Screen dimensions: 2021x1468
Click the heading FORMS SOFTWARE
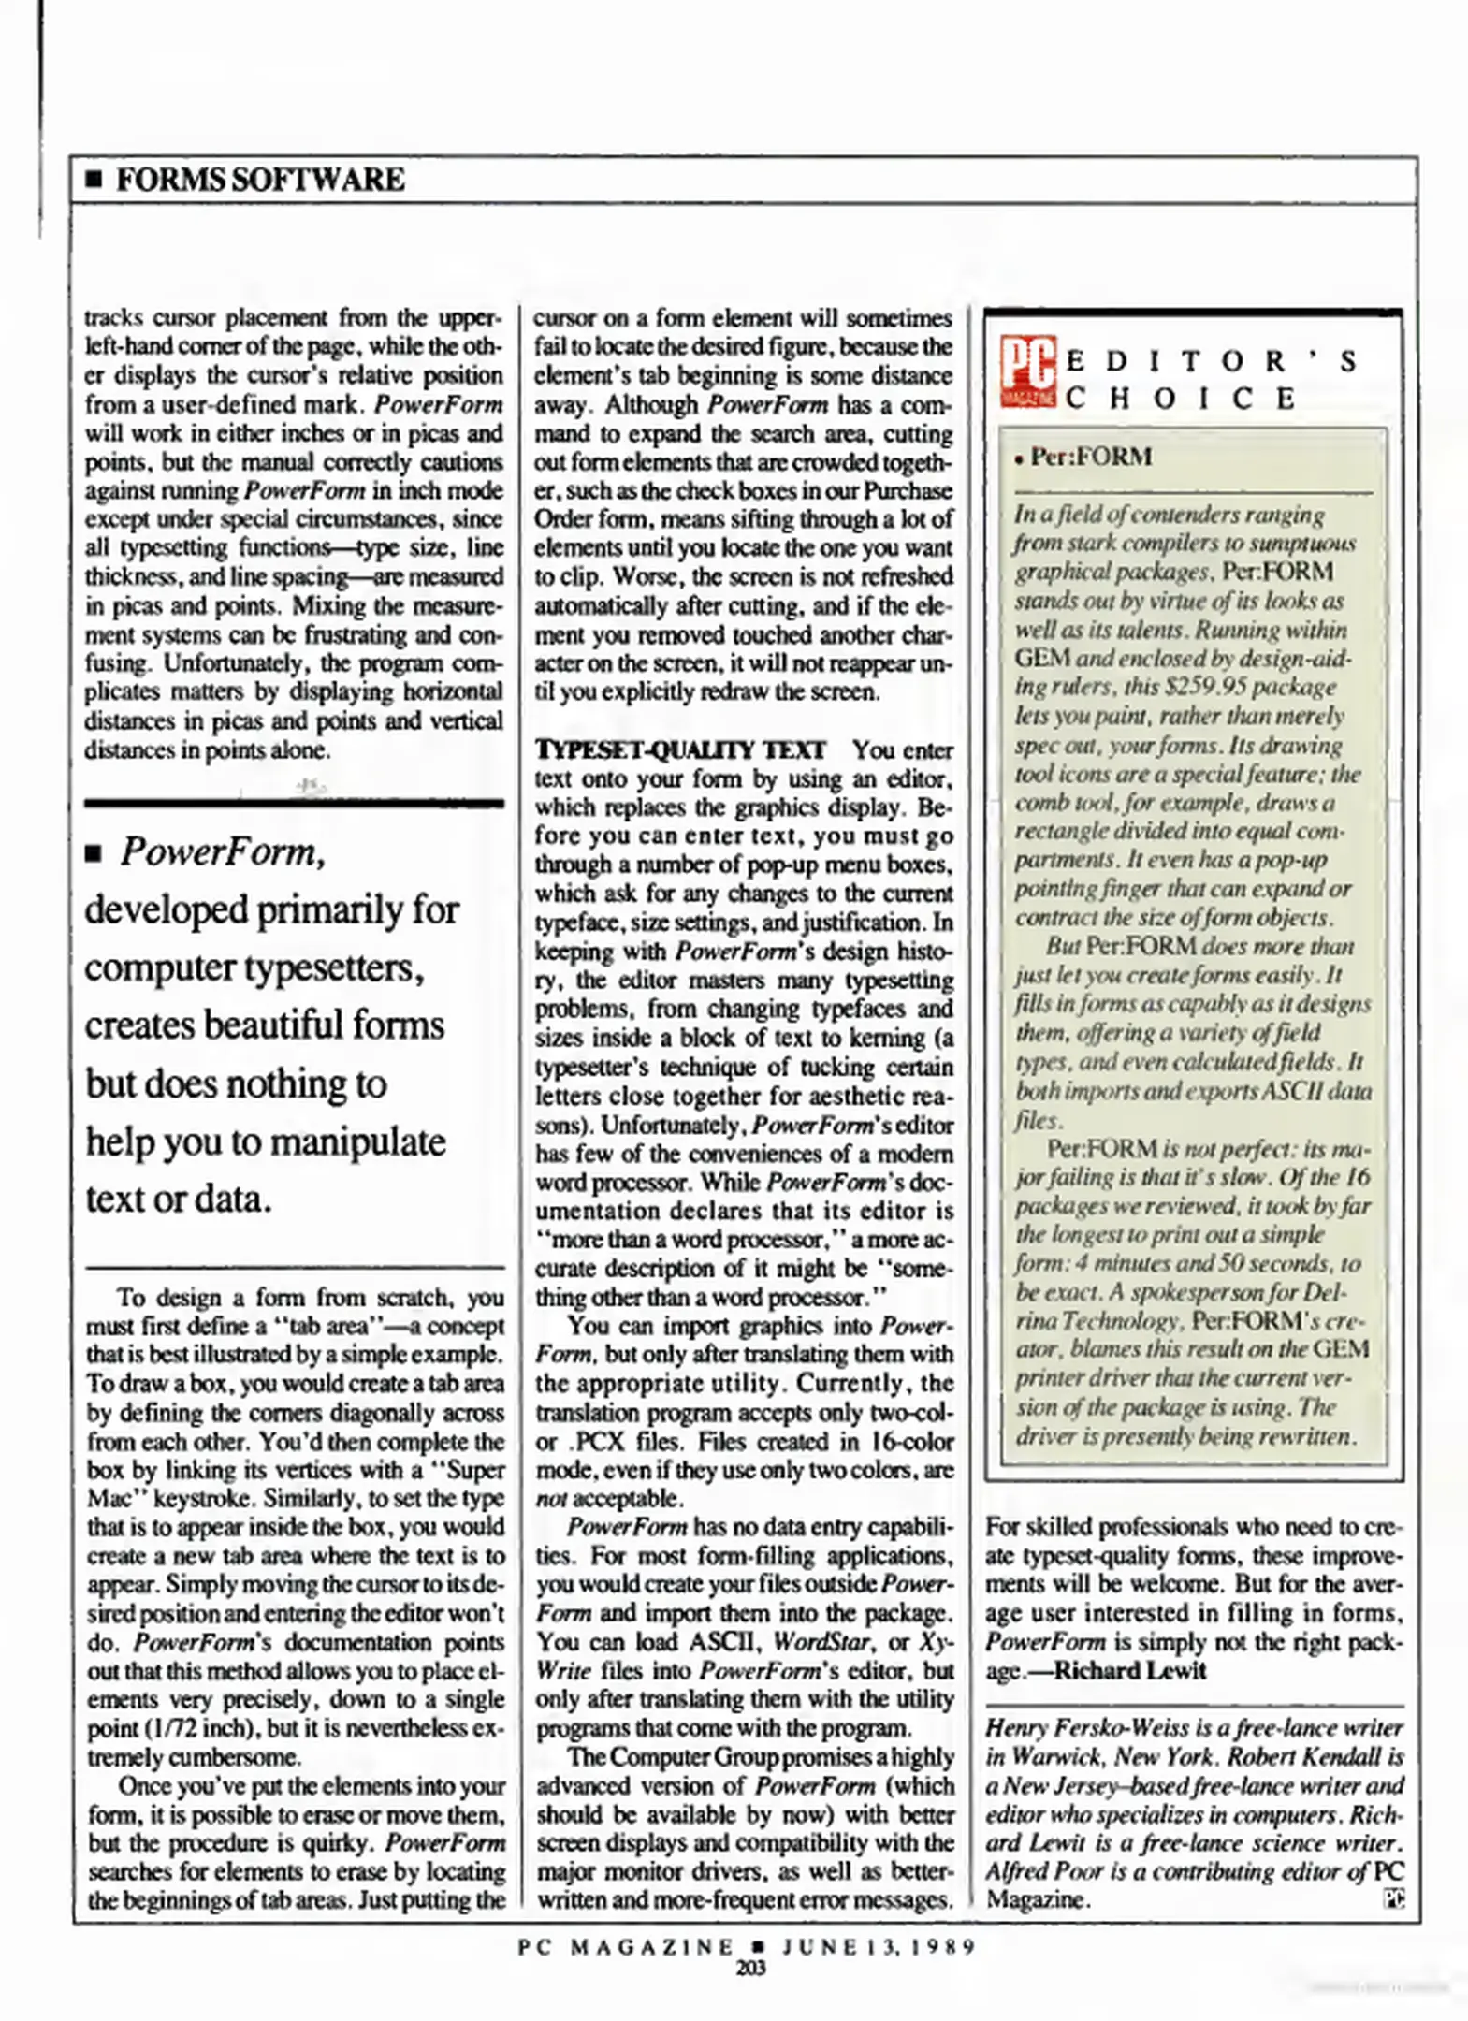point(260,179)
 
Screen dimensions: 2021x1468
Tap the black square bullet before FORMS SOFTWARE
point(93,180)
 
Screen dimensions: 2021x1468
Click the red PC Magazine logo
point(1028,371)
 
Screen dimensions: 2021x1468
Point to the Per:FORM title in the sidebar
point(1090,457)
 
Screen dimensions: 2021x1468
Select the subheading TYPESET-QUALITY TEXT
point(679,750)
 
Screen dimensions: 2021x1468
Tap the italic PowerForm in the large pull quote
point(223,852)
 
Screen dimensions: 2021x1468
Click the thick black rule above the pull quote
point(294,803)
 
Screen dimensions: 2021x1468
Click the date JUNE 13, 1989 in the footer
point(879,1946)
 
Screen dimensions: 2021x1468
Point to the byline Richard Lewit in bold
point(1129,1671)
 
